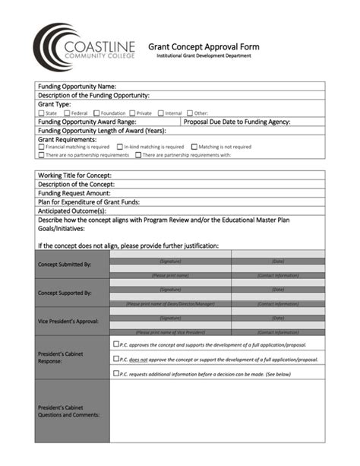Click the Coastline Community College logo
84,47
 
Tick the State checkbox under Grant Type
42,113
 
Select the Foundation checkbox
96,113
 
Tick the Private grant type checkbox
131,113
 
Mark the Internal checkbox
160,113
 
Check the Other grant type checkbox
189,113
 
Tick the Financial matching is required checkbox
42,147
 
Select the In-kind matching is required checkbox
119,147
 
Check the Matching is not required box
194,147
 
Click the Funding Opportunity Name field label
77,87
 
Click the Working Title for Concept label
74,175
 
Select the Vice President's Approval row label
68,321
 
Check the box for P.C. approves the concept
115,344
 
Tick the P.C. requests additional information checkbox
115,372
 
